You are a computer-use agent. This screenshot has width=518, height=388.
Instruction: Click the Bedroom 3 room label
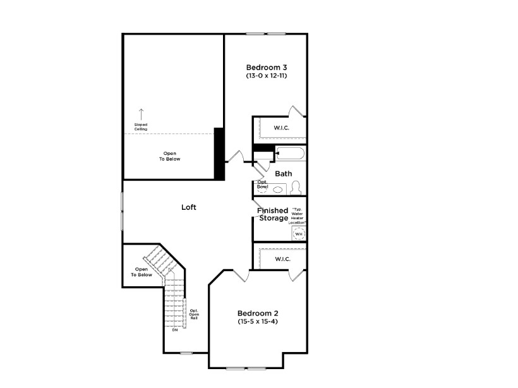267,67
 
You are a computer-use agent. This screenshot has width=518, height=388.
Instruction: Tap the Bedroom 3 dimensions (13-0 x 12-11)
267,76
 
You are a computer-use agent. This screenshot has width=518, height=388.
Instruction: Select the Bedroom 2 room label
258,313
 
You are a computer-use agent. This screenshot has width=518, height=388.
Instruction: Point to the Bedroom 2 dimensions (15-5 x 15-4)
258,322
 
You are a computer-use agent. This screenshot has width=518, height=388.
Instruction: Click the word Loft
189,207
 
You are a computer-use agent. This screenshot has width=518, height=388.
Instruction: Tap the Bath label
283,173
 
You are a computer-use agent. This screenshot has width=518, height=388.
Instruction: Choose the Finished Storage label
273,214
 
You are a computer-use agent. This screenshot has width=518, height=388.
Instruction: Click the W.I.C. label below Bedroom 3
282,128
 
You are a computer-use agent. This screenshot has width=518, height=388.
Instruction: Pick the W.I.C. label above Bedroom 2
282,259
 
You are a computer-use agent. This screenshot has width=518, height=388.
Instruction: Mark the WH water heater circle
298,234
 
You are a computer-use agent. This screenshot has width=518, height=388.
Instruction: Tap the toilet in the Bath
296,188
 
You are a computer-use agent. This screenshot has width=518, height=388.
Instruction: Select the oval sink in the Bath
279,188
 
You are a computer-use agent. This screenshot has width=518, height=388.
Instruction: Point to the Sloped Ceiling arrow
141,114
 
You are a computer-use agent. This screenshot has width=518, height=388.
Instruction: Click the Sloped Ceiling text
141,126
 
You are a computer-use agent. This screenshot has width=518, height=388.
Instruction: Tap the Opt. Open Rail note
194,314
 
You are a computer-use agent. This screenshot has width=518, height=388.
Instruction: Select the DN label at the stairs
174,330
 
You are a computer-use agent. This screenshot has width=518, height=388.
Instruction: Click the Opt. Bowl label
262,185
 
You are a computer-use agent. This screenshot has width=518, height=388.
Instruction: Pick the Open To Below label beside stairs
142,272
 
